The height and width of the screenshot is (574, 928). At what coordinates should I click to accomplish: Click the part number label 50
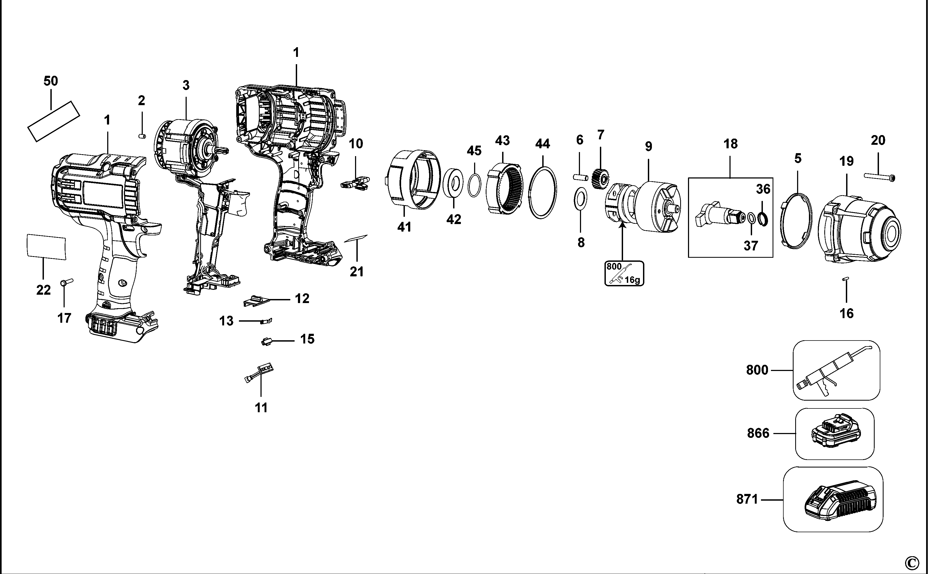[51, 81]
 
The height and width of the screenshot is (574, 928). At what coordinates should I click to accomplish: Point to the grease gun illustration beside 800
[836, 370]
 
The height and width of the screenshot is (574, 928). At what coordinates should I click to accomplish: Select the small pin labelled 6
[580, 177]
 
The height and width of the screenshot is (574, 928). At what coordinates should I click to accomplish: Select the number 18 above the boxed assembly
[731, 144]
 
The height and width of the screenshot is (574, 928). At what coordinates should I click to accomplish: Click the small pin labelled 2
[142, 136]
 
